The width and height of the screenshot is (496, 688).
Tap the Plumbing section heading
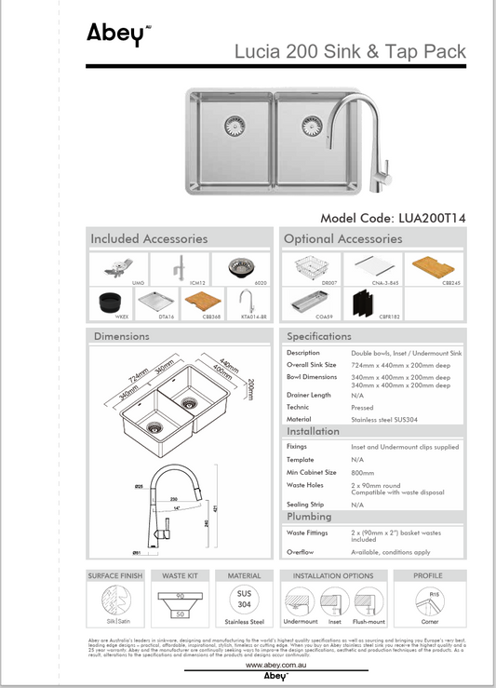pos(309,516)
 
